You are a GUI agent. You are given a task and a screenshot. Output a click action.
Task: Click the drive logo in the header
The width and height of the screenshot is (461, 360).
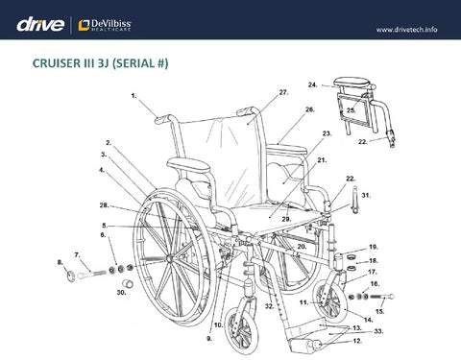click(40, 25)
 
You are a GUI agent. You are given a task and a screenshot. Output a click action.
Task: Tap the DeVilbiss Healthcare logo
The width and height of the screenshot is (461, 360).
click(105, 25)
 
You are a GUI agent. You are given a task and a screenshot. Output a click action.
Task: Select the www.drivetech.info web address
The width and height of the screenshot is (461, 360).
click(406, 30)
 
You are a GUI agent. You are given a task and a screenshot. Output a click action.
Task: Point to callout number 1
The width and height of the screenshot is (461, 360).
click(133, 95)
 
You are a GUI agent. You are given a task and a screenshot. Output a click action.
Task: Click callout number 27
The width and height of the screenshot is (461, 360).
click(283, 92)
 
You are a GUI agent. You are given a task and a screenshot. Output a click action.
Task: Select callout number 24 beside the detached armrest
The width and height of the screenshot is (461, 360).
click(313, 84)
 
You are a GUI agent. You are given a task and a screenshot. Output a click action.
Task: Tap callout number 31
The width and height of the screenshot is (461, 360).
click(366, 195)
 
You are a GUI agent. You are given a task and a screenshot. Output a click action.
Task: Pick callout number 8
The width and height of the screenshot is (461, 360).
click(60, 262)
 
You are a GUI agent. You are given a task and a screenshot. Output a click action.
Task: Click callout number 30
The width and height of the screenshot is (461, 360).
click(121, 292)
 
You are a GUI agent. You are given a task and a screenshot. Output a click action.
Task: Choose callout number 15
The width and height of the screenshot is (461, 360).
click(379, 311)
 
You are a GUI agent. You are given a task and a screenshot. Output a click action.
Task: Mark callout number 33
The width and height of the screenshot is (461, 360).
click(378, 331)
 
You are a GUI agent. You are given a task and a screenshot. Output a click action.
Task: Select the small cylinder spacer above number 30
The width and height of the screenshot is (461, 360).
click(129, 283)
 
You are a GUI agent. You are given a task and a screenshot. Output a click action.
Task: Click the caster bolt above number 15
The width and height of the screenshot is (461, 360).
click(382, 297)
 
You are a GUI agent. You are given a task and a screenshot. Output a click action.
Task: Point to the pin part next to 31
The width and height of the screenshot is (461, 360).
click(354, 200)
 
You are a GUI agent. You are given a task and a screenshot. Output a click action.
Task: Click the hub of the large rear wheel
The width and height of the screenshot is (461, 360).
click(169, 258)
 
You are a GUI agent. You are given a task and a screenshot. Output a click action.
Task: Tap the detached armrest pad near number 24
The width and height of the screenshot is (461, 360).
click(353, 83)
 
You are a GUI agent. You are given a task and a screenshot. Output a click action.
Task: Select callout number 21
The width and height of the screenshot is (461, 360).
click(322, 160)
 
